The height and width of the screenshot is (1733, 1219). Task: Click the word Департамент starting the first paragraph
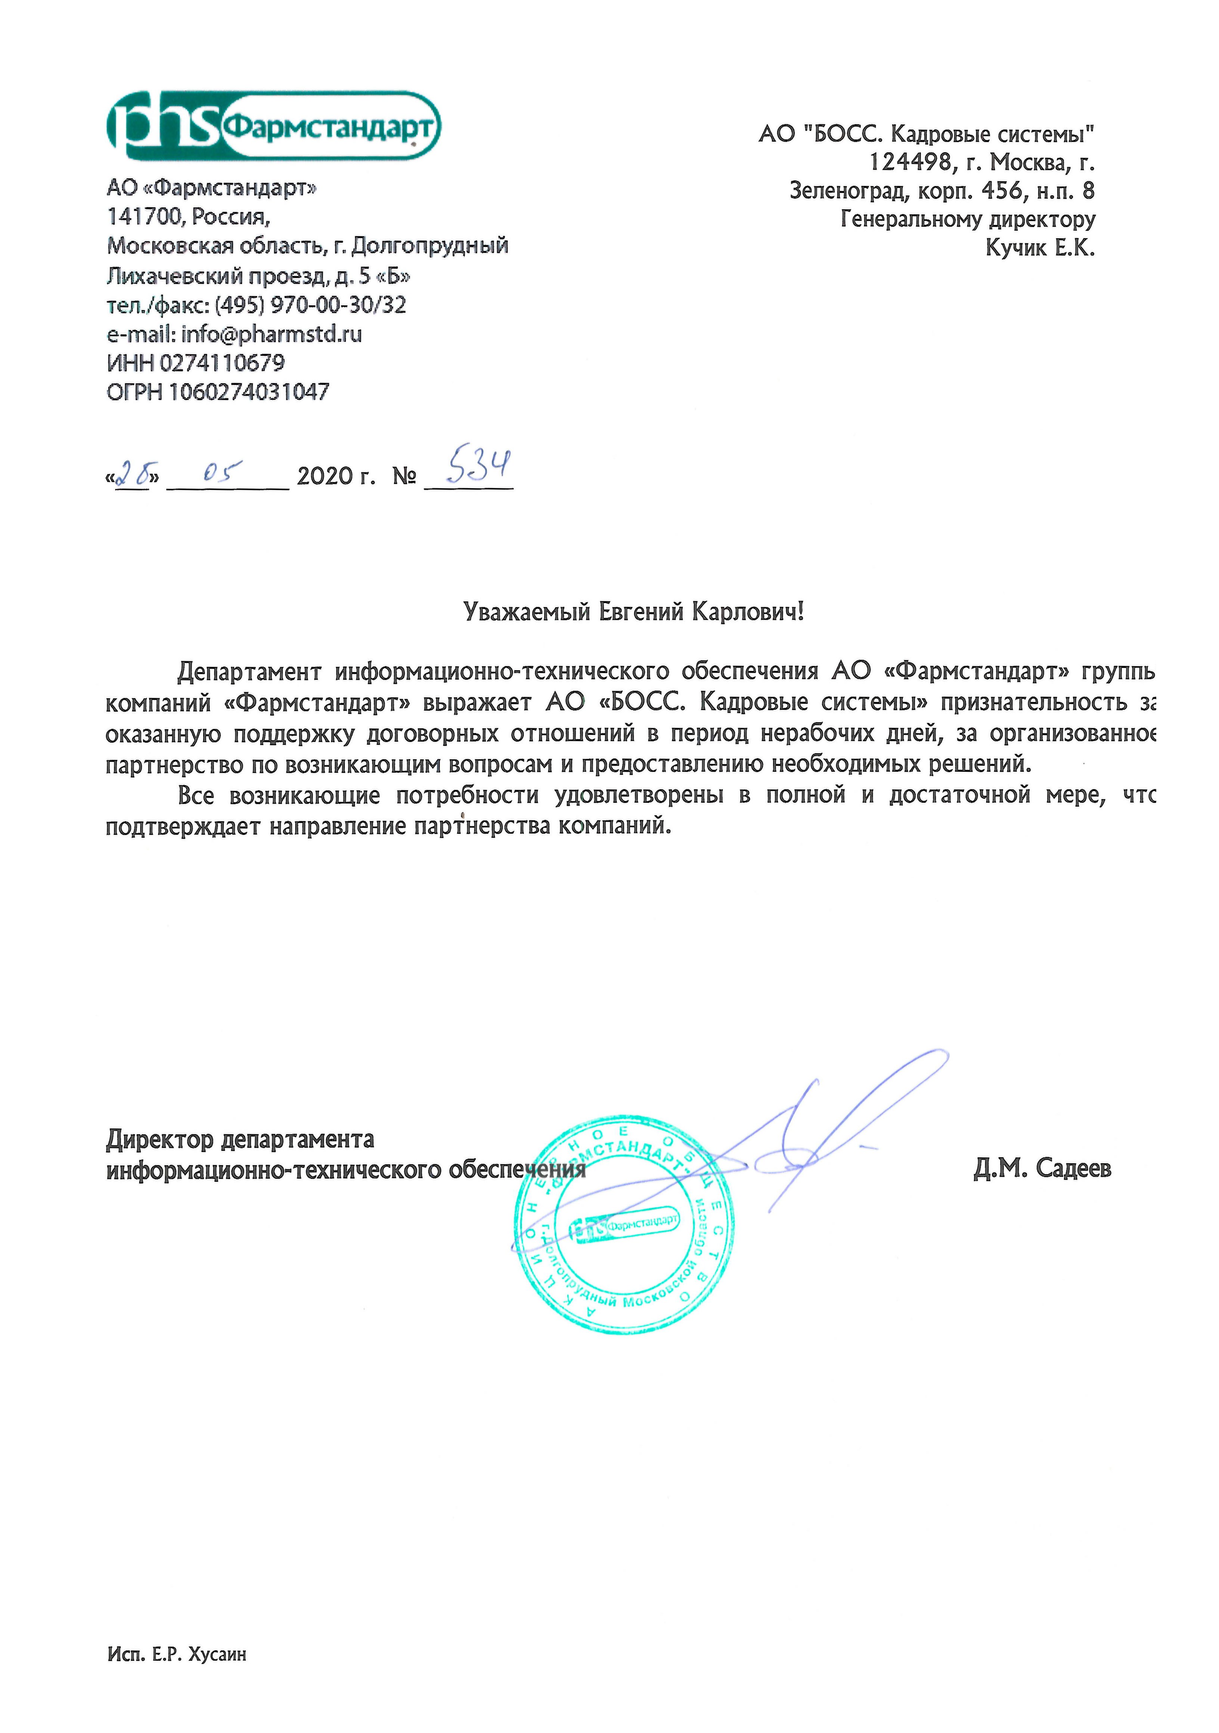249,671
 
